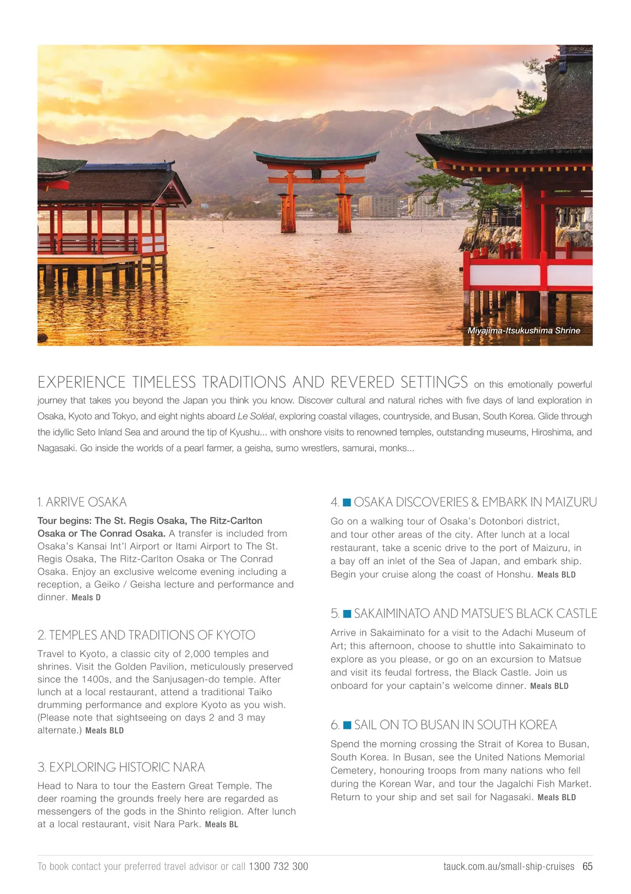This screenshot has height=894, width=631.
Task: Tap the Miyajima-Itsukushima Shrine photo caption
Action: click(524, 331)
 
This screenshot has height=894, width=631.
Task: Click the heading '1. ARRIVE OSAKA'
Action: click(82, 502)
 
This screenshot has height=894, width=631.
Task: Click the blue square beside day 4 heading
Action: click(347, 502)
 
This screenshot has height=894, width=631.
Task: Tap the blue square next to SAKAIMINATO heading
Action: click(347, 614)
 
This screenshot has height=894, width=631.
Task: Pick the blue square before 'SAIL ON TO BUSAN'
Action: click(347, 725)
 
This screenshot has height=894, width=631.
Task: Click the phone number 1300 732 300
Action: click(278, 867)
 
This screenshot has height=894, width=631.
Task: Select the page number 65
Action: click(587, 867)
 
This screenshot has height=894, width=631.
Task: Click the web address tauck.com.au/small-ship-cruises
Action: click(508, 867)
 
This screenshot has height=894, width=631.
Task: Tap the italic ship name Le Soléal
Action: click(256, 416)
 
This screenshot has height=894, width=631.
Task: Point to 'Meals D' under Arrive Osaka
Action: click(86, 597)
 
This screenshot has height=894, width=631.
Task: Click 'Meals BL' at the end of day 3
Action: click(221, 825)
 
